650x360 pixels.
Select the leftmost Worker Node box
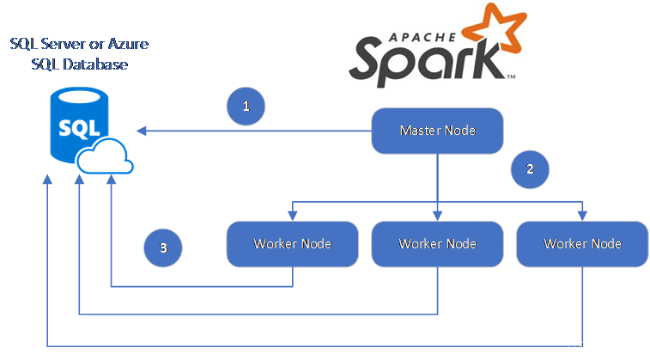[292, 243]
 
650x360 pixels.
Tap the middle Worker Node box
[437, 243]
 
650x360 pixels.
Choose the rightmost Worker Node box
[582, 243]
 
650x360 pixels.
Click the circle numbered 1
[246, 107]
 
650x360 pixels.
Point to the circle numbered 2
[530, 169]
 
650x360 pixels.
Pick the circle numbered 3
[163, 247]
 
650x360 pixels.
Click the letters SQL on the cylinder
[73, 128]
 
